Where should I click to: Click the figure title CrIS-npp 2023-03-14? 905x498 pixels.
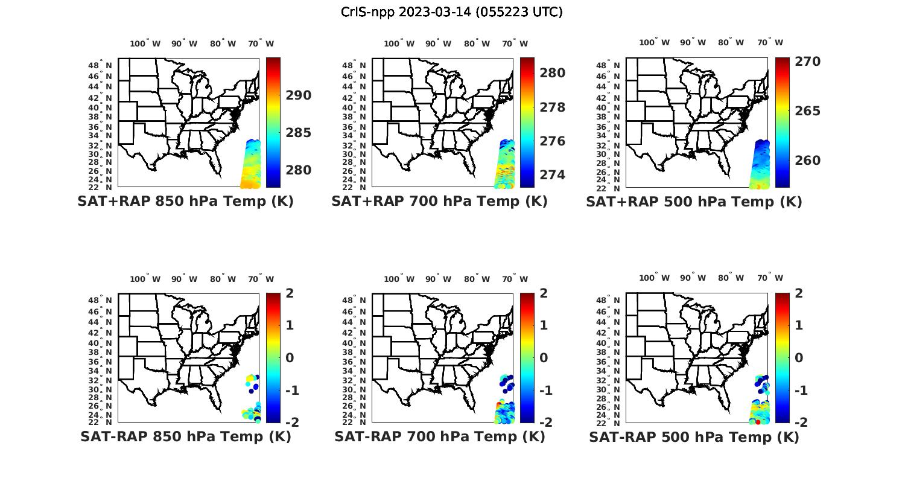tap(452, 11)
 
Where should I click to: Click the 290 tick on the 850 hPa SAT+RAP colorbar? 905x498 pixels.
tap(299, 95)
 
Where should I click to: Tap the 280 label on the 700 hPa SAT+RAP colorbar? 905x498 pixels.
tap(553, 73)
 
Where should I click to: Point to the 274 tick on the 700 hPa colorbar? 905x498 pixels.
tap(553, 175)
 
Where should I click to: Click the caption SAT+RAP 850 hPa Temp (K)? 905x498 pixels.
tap(185, 202)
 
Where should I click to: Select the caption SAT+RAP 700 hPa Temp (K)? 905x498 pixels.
tap(439, 202)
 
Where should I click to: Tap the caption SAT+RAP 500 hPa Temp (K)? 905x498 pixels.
tap(694, 202)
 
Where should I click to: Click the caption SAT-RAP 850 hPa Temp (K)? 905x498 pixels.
tap(185, 437)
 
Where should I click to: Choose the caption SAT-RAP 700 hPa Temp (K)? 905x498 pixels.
tap(439, 437)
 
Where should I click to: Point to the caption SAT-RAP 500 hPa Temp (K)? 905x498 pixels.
tap(694, 437)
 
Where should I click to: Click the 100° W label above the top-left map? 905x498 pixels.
tap(145, 43)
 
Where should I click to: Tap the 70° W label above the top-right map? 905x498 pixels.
tap(770, 43)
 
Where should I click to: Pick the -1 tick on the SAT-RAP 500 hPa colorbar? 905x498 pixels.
tap(799, 391)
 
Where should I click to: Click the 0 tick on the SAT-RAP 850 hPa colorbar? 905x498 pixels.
tap(290, 358)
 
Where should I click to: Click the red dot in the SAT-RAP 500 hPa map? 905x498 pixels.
tap(758, 422)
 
